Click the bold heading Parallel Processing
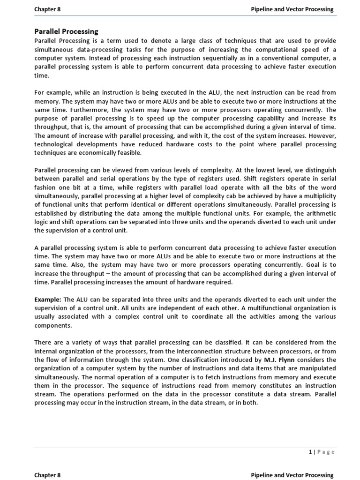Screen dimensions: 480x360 (x=66, y=31)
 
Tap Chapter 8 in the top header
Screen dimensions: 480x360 (x=47, y=9)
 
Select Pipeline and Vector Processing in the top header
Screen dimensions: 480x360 (x=292, y=9)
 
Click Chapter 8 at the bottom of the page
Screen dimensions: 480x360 (x=47, y=475)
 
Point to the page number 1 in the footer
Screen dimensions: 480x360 (x=310, y=452)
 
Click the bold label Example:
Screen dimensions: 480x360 (x=48, y=300)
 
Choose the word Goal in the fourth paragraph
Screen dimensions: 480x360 (x=303, y=265)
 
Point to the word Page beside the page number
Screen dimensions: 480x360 (x=326, y=452)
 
